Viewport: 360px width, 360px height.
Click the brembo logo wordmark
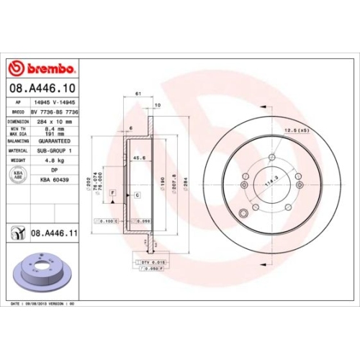46,68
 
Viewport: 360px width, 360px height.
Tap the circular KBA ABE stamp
17,174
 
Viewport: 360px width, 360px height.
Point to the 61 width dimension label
137,94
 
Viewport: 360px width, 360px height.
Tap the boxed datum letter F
112,194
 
